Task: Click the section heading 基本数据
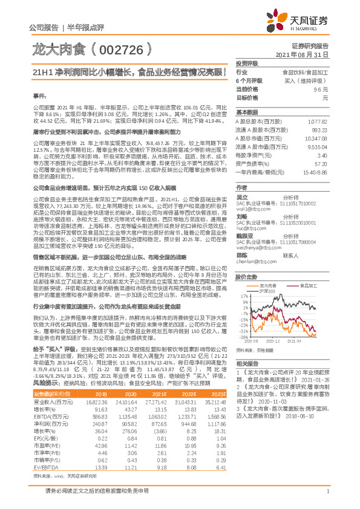[x=247, y=112]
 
